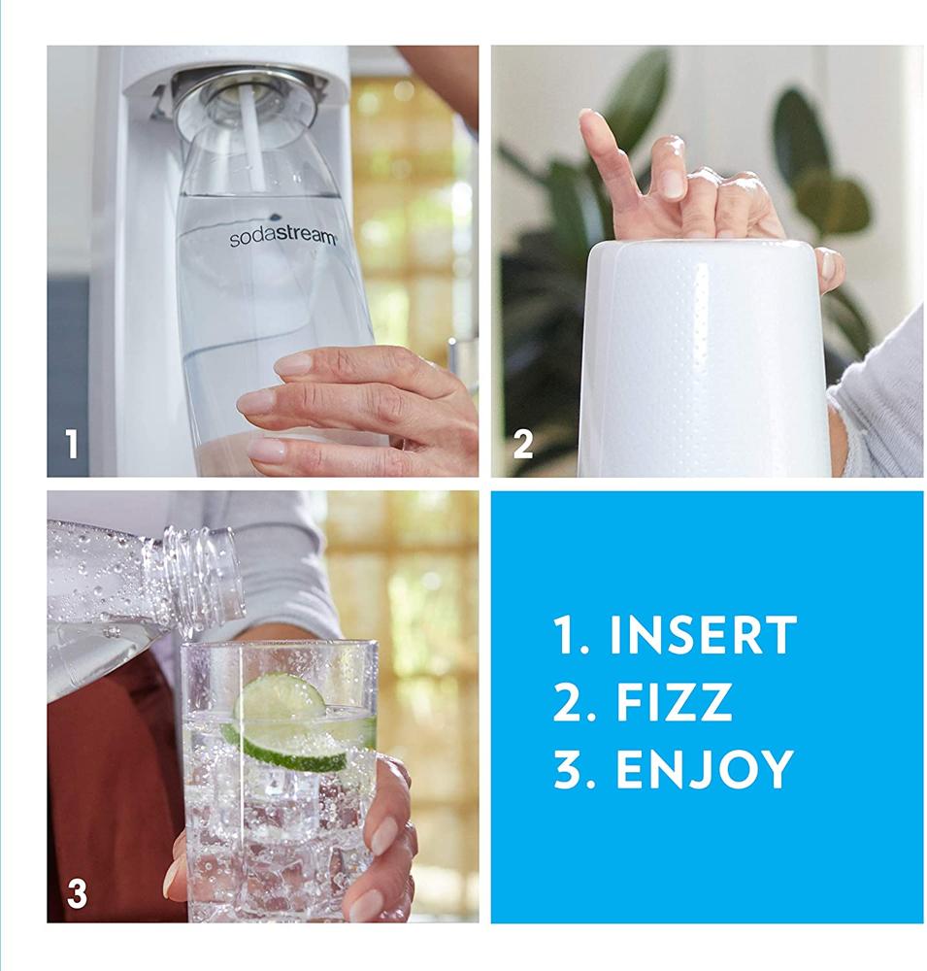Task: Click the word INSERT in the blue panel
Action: click(702, 636)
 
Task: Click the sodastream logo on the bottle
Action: click(282, 237)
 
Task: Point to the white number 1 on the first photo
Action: click(71, 445)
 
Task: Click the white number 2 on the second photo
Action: click(522, 445)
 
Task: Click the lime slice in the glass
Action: click(286, 723)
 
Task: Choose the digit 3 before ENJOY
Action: click(567, 769)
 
